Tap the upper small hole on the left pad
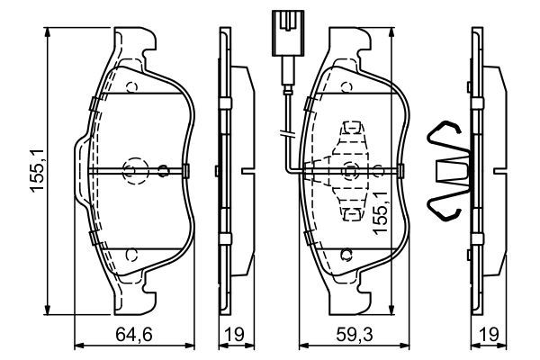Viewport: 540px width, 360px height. click(130, 87)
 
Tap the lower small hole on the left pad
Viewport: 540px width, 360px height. click(130, 255)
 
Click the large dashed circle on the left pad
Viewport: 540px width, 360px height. click(133, 170)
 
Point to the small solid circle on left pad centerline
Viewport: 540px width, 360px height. click(163, 170)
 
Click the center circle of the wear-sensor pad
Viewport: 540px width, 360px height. click(350, 170)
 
